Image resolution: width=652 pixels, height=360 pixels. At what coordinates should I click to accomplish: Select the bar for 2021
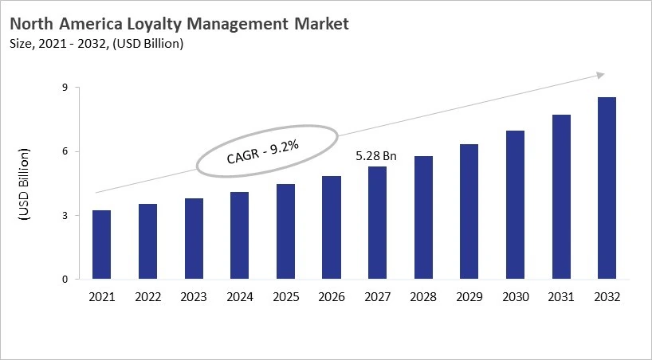(x=101, y=245)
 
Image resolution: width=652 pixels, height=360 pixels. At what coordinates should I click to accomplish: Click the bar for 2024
(x=239, y=236)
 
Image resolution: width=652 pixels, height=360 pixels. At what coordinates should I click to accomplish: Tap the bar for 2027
(x=377, y=223)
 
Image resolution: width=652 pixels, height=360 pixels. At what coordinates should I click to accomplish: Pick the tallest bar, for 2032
(x=607, y=188)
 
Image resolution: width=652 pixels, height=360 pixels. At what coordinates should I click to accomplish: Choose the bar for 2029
(x=469, y=212)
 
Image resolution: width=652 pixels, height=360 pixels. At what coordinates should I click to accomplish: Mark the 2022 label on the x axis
(x=147, y=297)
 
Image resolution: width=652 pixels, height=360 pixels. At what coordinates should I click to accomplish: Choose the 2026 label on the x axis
(x=331, y=297)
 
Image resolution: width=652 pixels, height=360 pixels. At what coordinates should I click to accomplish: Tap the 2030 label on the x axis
(x=515, y=297)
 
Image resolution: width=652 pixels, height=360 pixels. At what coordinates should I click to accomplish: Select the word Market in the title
(x=319, y=25)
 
